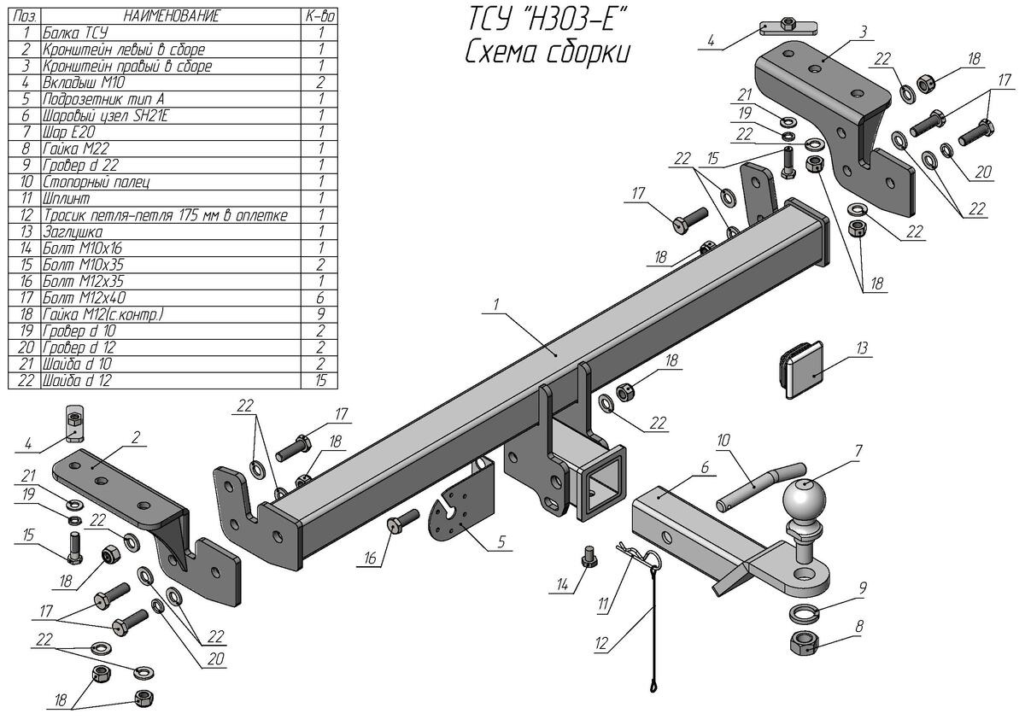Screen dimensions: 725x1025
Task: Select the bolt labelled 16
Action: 401,522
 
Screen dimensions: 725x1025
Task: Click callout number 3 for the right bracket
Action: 864,31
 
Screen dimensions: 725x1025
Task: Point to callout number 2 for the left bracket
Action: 135,437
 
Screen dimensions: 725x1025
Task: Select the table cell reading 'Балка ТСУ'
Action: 73,33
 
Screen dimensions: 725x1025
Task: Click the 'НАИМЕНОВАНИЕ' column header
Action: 171,16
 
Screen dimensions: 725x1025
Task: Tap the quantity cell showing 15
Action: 320,381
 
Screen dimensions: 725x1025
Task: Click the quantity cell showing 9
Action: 320,315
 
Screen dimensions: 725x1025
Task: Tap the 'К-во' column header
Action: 320,16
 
